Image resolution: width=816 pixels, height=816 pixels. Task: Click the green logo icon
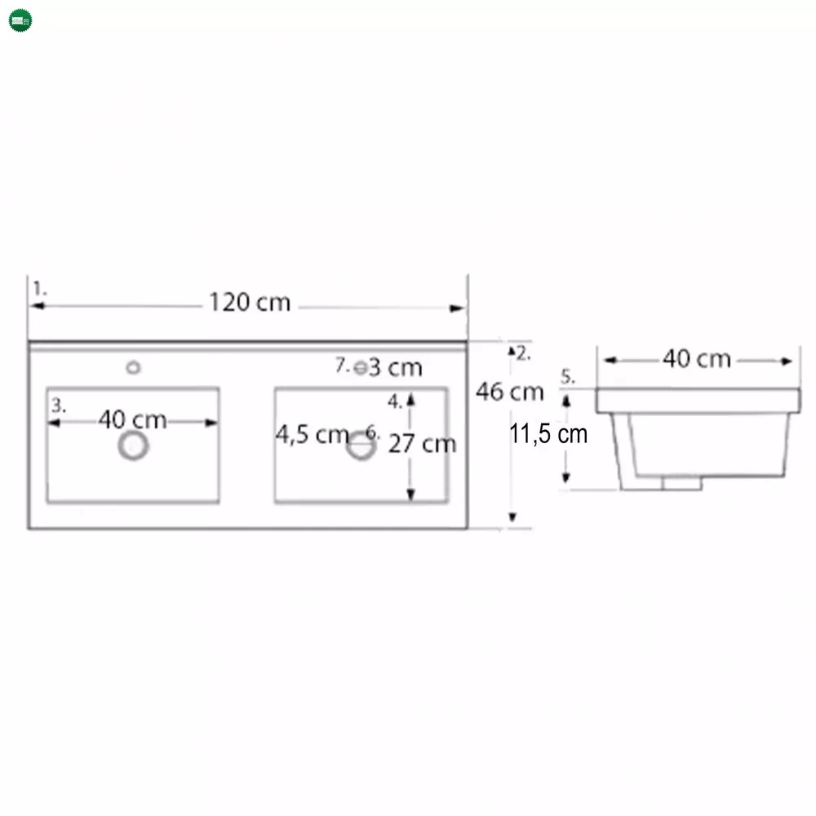[20, 20]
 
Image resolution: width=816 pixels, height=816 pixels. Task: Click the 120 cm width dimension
[250, 303]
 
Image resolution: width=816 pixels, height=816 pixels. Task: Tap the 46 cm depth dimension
[509, 392]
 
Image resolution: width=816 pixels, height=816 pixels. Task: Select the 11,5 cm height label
[548, 433]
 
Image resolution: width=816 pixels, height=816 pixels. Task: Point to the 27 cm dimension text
[422, 444]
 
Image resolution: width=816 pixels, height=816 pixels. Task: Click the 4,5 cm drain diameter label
[313, 435]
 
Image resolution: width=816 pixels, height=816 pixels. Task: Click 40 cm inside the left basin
[133, 419]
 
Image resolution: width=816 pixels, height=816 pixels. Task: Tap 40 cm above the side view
[697, 359]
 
